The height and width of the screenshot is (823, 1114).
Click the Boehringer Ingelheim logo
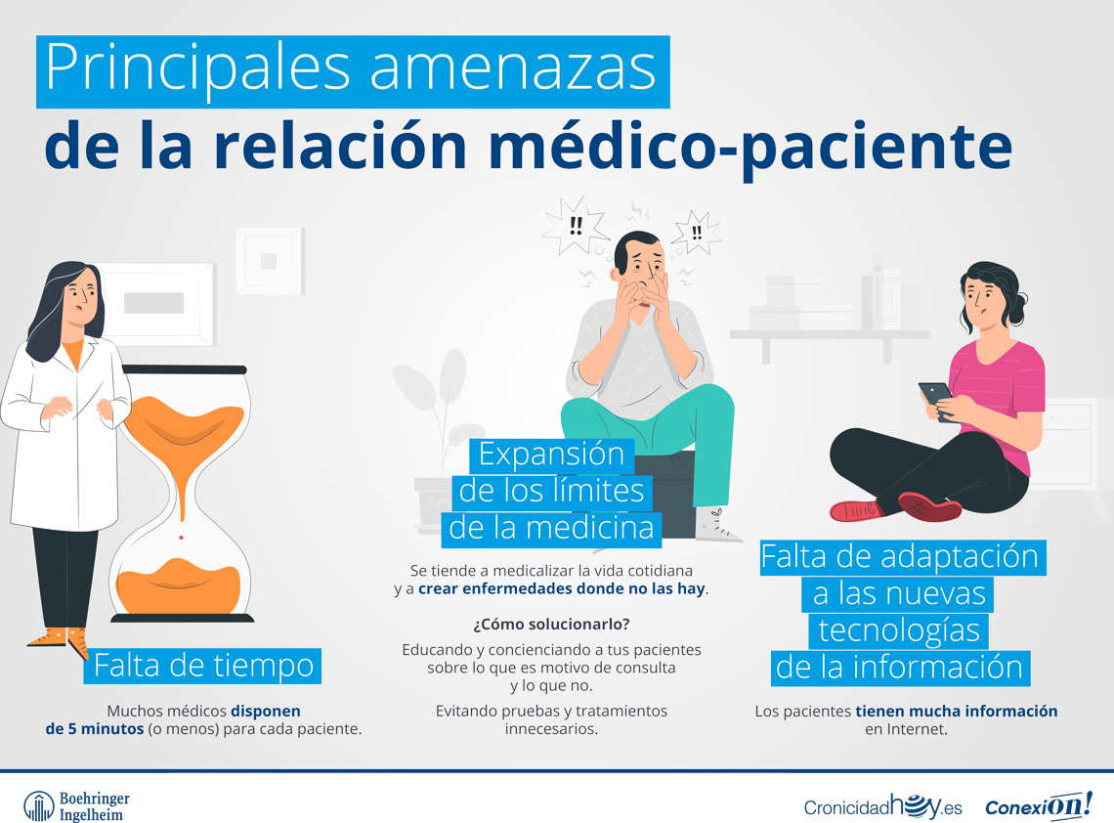click(x=76, y=805)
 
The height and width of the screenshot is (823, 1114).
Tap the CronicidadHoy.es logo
click(x=882, y=805)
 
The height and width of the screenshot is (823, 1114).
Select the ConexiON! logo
click(x=1037, y=805)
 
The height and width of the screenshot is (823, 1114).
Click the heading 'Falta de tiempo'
click(x=204, y=666)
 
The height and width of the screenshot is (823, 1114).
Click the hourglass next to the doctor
click(x=182, y=494)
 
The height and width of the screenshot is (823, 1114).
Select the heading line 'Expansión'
click(x=551, y=455)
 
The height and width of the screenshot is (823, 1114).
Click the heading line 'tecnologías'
click(x=898, y=629)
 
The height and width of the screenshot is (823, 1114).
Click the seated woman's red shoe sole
click(x=931, y=508)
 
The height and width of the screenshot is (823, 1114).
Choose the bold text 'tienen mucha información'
click(x=957, y=711)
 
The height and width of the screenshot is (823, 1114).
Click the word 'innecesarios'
click(x=551, y=729)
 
